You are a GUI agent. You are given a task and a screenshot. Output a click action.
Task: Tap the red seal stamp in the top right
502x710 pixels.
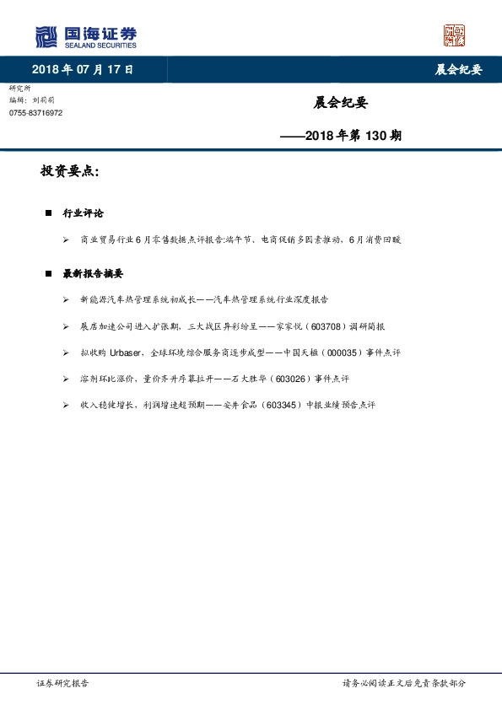(x=455, y=35)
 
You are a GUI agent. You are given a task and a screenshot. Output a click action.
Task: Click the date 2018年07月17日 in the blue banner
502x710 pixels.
(x=83, y=69)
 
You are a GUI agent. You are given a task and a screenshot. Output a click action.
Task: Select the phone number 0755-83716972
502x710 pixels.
(x=35, y=113)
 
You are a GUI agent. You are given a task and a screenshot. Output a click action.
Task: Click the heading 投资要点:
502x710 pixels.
(x=70, y=171)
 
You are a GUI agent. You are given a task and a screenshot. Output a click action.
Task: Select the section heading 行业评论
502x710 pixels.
(x=84, y=213)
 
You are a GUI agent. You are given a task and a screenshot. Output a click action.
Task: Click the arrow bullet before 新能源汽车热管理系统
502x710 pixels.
(x=66, y=299)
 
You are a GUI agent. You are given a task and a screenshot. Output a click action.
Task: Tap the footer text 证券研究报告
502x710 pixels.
(x=63, y=684)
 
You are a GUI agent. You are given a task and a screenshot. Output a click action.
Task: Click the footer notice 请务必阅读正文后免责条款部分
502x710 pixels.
(x=403, y=684)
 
